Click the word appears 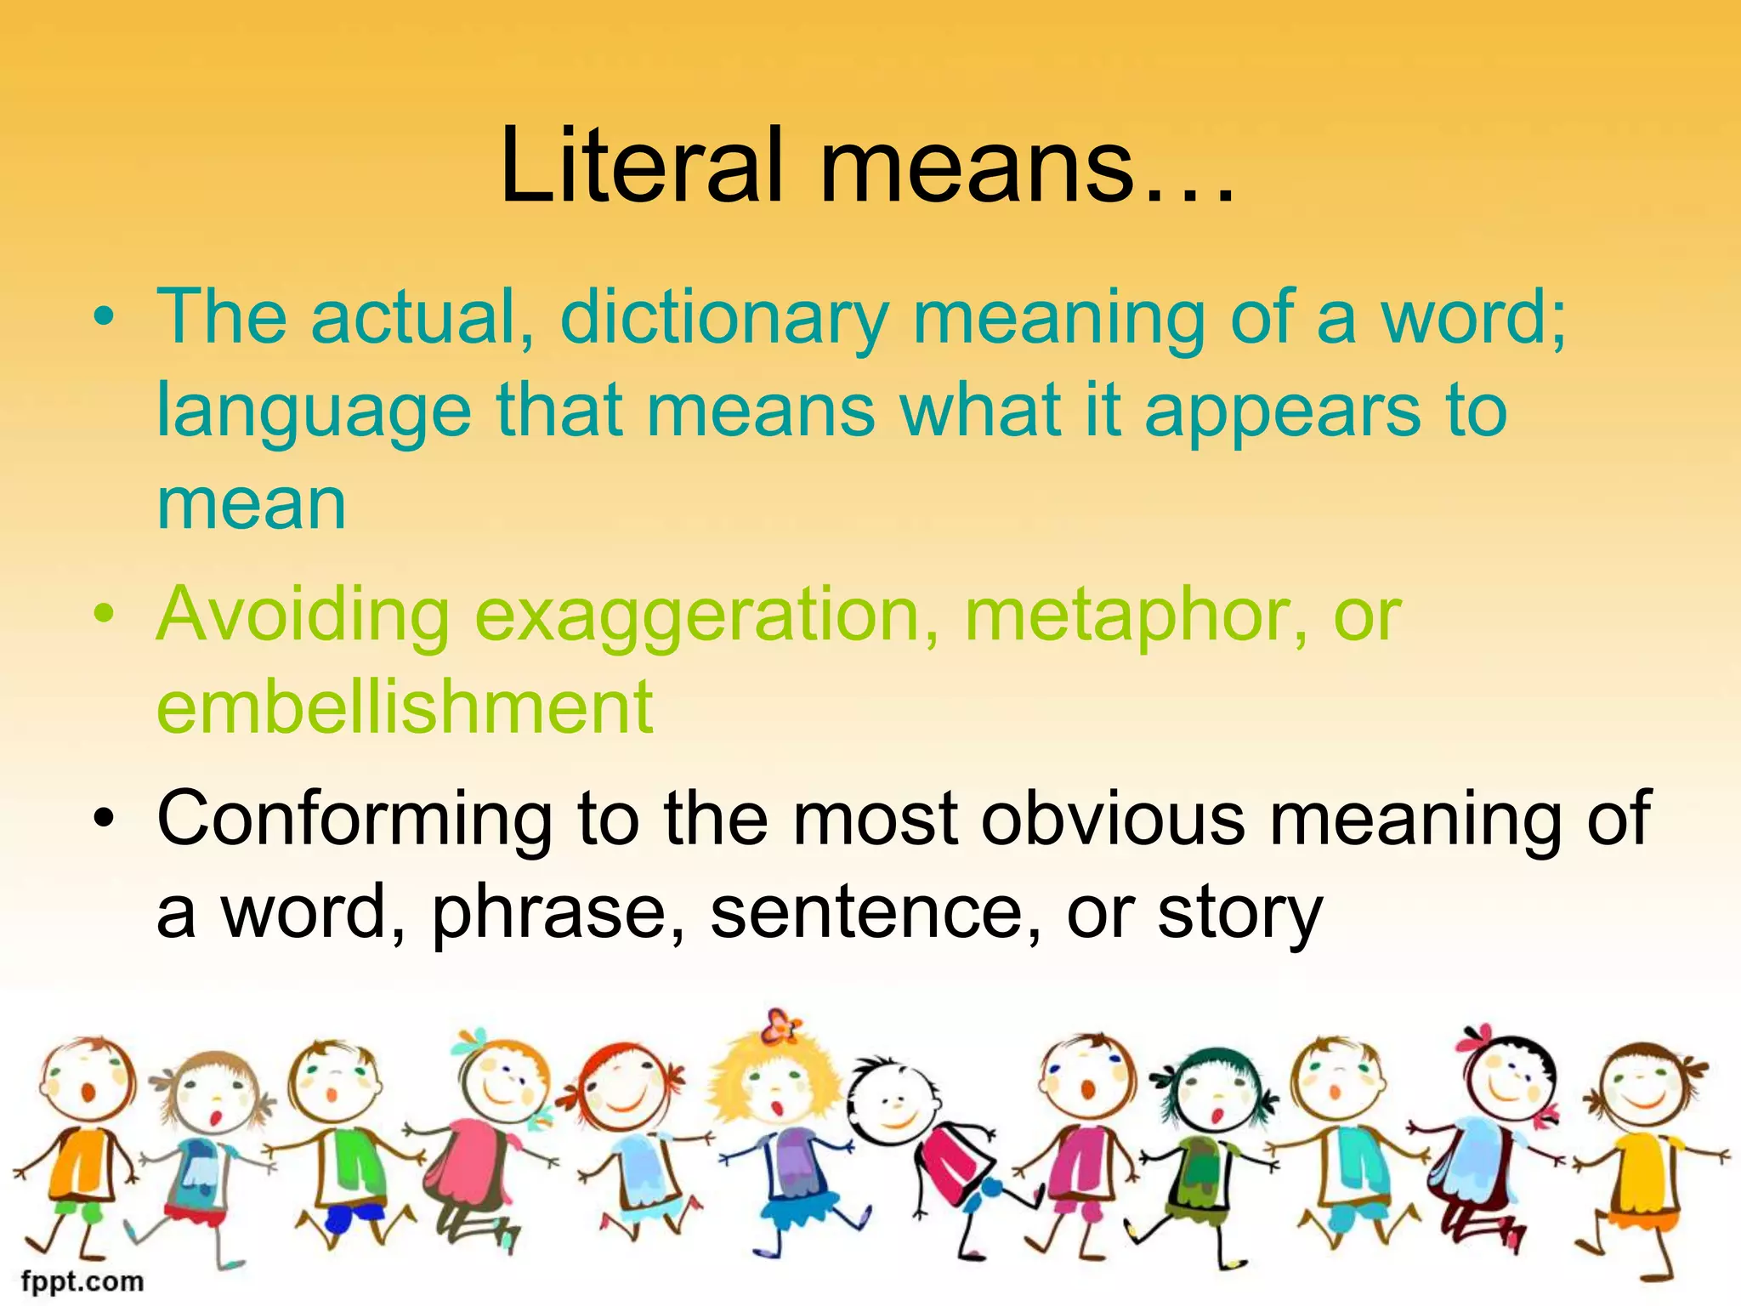pos(1283,413)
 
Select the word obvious pos(1113,818)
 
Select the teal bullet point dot pos(104,316)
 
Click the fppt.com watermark pos(82,1280)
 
